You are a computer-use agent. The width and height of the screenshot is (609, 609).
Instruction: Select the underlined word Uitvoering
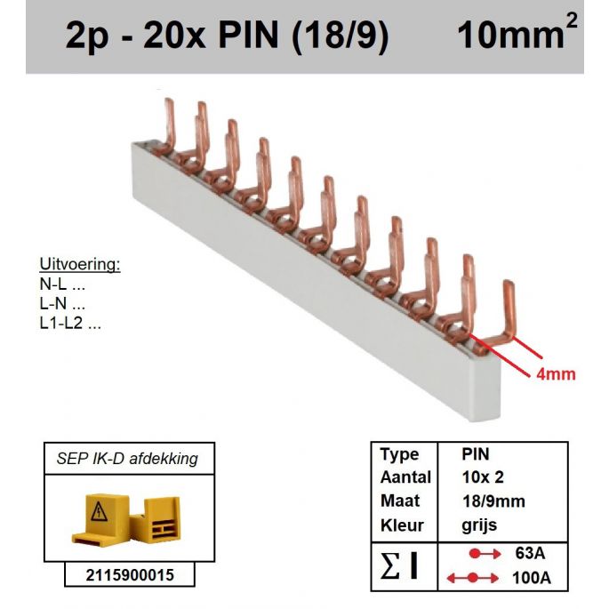pyautogui.click(x=79, y=266)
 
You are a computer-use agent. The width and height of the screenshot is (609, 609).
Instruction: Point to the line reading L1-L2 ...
pyautogui.click(x=70, y=324)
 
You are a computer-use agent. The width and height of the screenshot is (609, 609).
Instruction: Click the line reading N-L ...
pyautogui.click(x=62, y=285)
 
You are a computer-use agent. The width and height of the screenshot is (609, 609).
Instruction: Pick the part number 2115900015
pyautogui.click(x=132, y=575)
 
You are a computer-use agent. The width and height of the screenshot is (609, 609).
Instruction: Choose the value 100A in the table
pyautogui.click(x=532, y=579)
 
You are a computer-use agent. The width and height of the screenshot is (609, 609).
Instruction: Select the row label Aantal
pyautogui.click(x=405, y=478)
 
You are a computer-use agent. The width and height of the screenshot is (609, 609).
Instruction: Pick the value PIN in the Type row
pyautogui.click(x=476, y=454)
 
